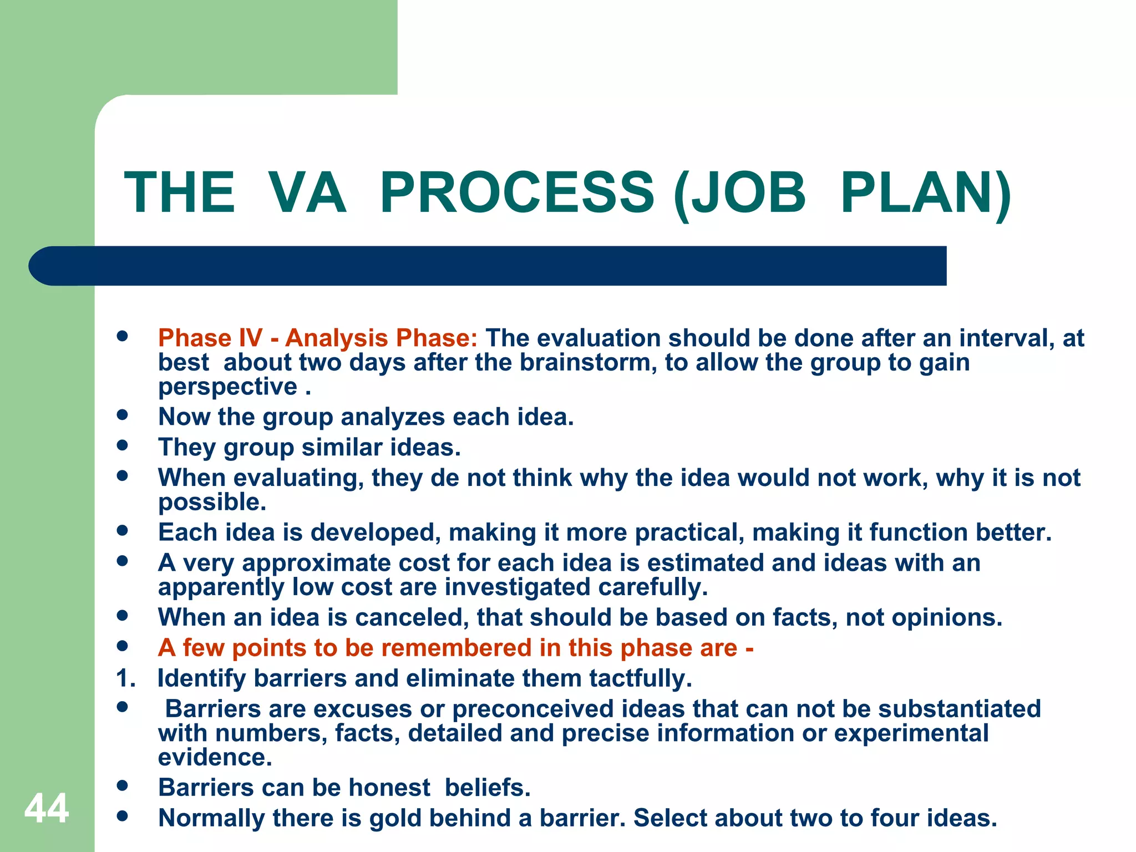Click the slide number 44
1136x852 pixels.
[x=47, y=808]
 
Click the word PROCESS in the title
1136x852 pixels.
[x=517, y=192]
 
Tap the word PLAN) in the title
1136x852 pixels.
[x=925, y=192]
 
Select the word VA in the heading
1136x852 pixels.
[x=307, y=192]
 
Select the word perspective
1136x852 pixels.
[x=228, y=387]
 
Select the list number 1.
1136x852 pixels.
[x=125, y=678]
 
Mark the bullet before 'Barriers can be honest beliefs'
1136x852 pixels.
[x=123, y=785]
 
